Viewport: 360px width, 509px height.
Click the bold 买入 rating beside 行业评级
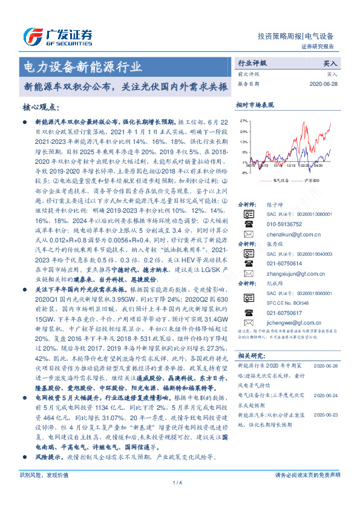(330, 63)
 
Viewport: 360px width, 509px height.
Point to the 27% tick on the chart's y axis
(243, 121)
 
